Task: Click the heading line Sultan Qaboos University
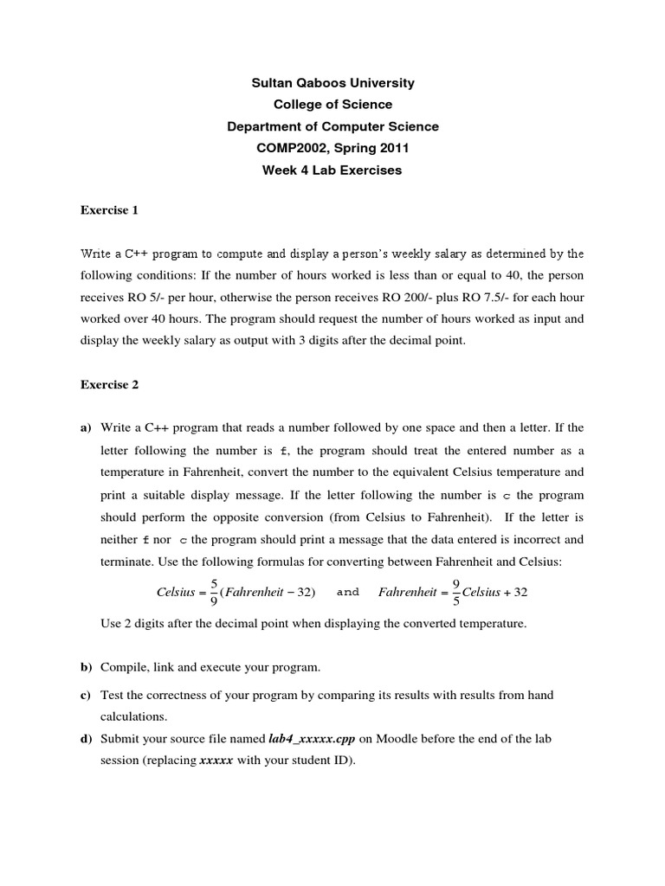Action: [332, 83]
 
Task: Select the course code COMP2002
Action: [292, 148]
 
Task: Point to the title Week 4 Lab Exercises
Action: [332, 170]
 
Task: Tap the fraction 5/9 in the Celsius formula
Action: [214, 592]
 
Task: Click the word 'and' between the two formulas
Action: [347, 593]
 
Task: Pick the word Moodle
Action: [399, 739]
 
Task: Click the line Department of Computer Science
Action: [332, 126]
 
